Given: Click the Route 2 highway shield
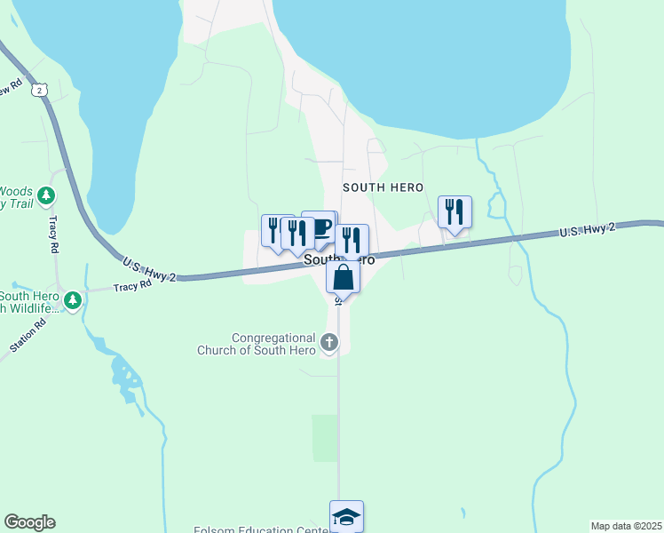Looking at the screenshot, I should point(38,90).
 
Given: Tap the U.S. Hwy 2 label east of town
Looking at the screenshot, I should point(588,230).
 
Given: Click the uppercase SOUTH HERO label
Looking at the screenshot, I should point(383,187).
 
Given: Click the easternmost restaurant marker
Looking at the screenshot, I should point(455,212).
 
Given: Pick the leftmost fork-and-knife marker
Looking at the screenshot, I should point(274,230).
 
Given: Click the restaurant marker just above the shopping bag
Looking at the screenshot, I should point(352,241).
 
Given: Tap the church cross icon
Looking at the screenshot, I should point(329,342).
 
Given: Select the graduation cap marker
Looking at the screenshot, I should point(346,516).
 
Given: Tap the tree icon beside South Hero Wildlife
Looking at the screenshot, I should point(73,300).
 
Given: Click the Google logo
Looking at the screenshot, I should point(29,522).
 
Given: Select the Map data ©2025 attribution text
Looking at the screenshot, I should point(625,526).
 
